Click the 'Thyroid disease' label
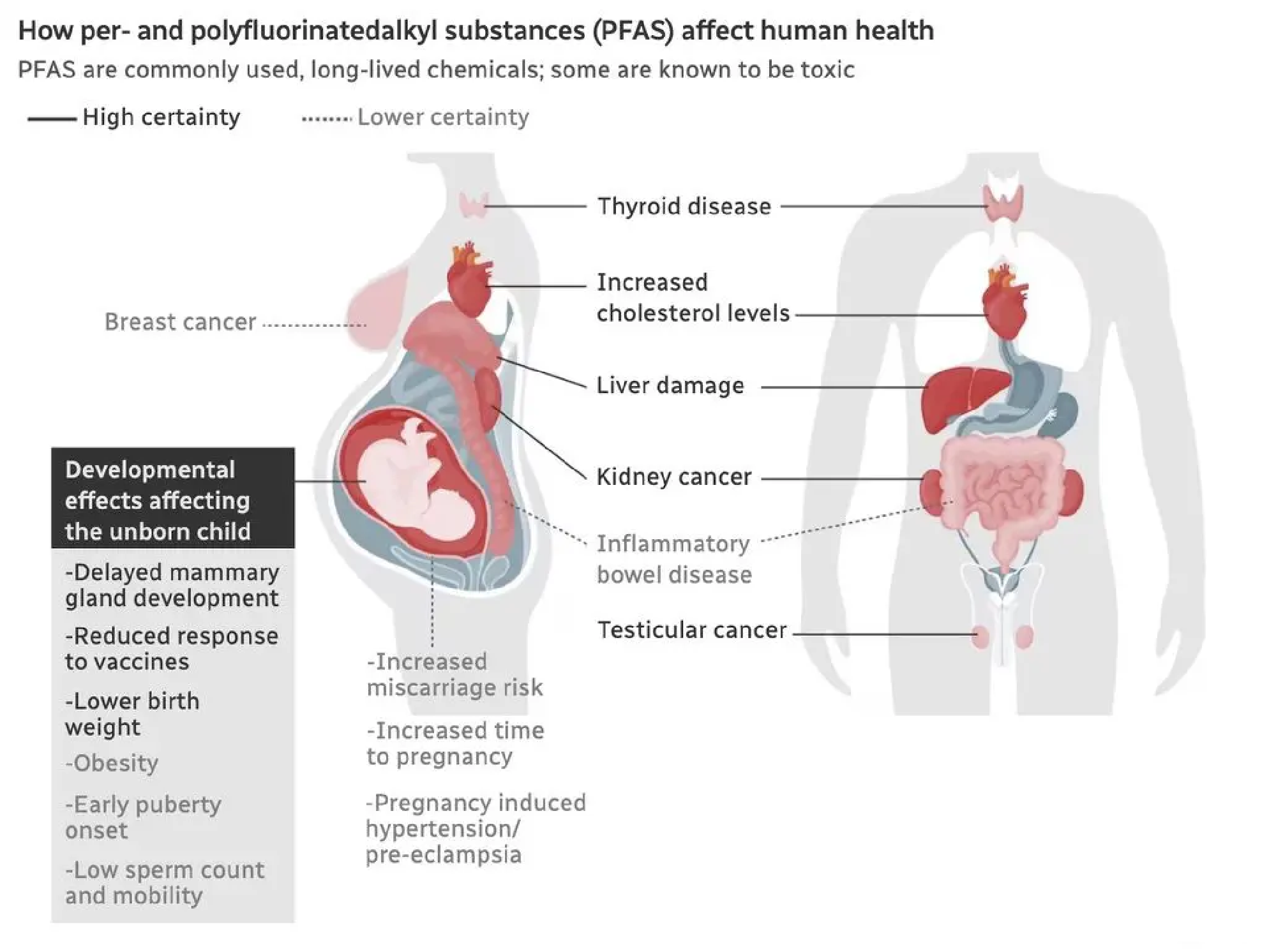tap(684, 207)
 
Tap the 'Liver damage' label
tap(670, 386)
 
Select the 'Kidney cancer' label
tap(673, 477)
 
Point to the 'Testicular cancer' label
tap(691, 630)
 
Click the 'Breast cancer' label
tap(180, 322)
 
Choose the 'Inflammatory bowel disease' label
tap(673, 559)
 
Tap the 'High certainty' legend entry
tap(161, 117)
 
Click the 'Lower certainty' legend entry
tap(442, 117)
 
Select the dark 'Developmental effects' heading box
tap(172, 498)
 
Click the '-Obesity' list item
tap(112, 763)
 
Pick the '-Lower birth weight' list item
tap(131, 714)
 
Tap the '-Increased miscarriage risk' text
tap(454, 674)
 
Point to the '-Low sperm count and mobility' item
tap(164, 883)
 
